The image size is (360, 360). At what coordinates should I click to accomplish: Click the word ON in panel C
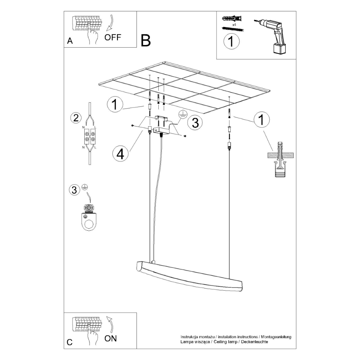click(110, 338)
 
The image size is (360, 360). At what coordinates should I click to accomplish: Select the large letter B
click(146, 40)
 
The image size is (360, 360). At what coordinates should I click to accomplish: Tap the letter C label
click(70, 342)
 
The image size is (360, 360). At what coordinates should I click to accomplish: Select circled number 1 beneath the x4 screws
click(231, 42)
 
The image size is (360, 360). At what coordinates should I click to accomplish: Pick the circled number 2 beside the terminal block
click(76, 118)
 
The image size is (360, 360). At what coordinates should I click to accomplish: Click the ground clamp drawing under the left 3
click(89, 217)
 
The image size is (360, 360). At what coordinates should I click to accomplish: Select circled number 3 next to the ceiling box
click(195, 123)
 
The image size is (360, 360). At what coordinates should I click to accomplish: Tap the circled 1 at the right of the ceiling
click(261, 120)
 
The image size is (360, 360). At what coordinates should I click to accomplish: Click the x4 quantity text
click(235, 24)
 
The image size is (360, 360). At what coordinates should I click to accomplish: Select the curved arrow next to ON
click(110, 325)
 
